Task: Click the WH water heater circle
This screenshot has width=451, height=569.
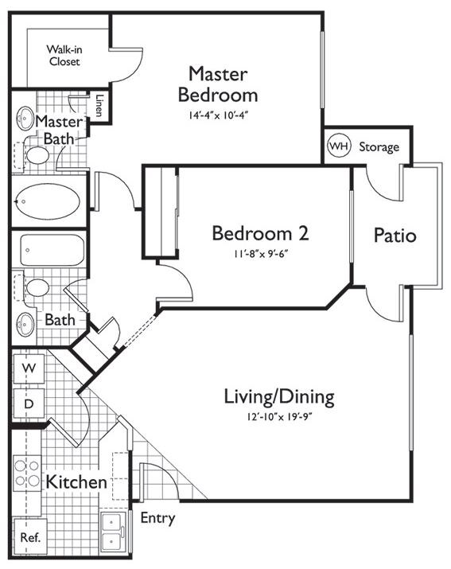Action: tap(339, 146)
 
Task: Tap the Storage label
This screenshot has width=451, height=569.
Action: tap(379, 147)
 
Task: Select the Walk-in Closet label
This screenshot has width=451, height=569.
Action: tap(64, 55)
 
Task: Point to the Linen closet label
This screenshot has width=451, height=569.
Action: tap(99, 105)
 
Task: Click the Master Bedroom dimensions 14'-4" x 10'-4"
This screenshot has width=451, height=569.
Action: tap(218, 115)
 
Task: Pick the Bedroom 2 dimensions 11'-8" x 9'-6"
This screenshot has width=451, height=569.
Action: tap(261, 253)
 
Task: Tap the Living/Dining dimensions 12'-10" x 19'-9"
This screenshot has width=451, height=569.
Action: tap(279, 416)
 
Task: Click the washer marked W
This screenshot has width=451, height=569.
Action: tap(29, 368)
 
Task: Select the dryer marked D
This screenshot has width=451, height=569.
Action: tap(29, 403)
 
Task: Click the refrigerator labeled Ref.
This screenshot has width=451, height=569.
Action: tap(30, 536)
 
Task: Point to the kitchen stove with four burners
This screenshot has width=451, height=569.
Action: tap(27, 474)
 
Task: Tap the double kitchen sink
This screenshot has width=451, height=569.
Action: tap(113, 532)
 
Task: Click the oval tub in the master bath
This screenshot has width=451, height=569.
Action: tap(47, 201)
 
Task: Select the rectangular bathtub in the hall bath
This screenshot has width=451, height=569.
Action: tap(52, 250)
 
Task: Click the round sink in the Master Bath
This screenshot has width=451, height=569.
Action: tap(25, 118)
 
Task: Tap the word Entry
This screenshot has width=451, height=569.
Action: tap(157, 518)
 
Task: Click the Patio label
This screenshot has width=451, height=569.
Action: tap(395, 235)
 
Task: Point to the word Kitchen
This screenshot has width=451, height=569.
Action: tap(76, 482)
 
